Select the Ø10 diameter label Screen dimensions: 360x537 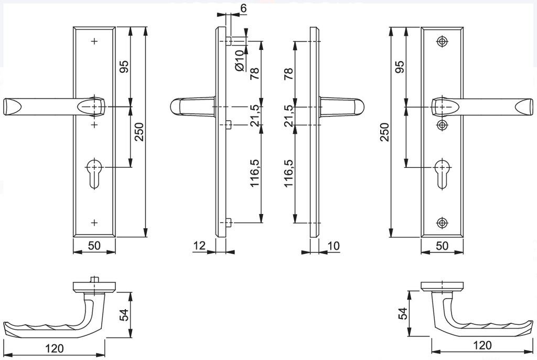pyautogui.click(x=239, y=60)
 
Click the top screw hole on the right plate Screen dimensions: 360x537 pyautogui.click(x=443, y=41)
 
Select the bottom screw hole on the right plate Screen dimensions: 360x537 pyautogui.click(x=443, y=223)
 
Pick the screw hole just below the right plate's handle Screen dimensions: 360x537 pyautogui.click(x=443, y=124)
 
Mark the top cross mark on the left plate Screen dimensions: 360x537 pyautogui.click(x=94, y=41)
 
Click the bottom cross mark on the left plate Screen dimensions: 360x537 pyautogui.click(x=94, y=223)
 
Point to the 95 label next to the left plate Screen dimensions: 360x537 pyautogui.click(x=124, y=67)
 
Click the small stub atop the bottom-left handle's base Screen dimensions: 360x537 pyautogui.click(x=94, y=279)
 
